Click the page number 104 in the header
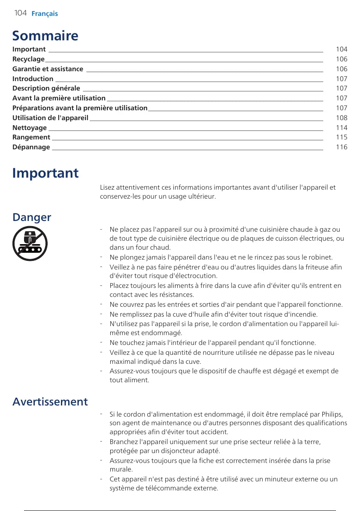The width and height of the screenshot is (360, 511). tap(20, 13)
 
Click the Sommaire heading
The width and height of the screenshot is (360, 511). tap(45, 35)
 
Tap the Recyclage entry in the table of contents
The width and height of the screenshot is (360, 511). tap(28, 59)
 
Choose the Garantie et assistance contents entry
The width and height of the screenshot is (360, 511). tap(48, 69)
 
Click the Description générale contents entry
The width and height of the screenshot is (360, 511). tap(46, 88)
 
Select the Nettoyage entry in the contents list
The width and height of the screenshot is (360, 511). tap(30, 128)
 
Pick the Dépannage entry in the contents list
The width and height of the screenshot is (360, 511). tap(31, 147)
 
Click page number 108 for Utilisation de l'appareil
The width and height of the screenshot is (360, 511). tap(342, 118)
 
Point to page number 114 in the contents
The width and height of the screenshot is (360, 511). tap(342, 128)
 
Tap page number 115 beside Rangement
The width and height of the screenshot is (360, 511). tap(342, 138)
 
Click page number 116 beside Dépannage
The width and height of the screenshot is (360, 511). tap(342, 147)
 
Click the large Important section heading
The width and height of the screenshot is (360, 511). tap(45, 173)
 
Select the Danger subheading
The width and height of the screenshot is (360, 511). tap(32, 218)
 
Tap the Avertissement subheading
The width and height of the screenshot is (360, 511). tap(50, 402)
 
